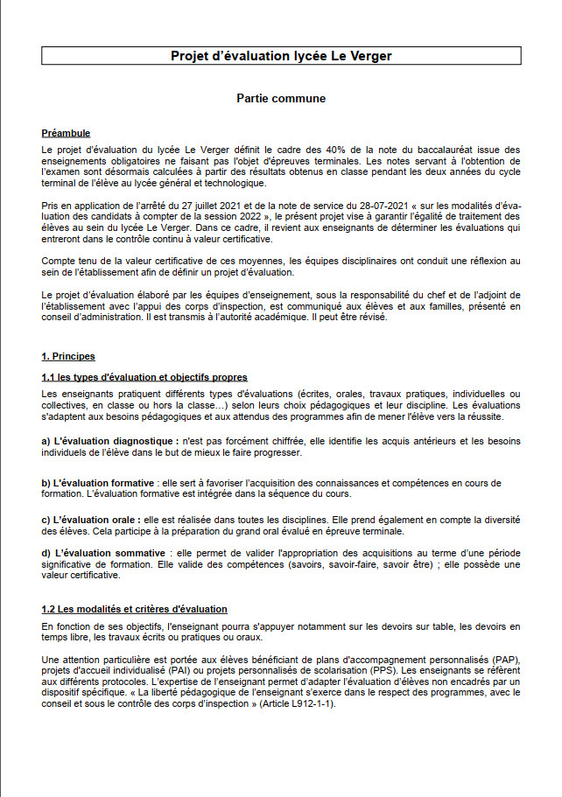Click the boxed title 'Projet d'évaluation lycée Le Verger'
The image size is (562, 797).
coord(281,56)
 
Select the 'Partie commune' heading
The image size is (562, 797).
coord(281,99)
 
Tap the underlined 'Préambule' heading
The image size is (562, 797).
coord(66,133)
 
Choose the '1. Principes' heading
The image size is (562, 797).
coord(68,357)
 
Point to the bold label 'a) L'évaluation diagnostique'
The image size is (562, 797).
coord(109,442)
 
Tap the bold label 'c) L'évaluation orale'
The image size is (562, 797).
coord(94,519)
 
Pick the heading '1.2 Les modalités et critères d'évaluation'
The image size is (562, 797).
coord(134,609)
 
